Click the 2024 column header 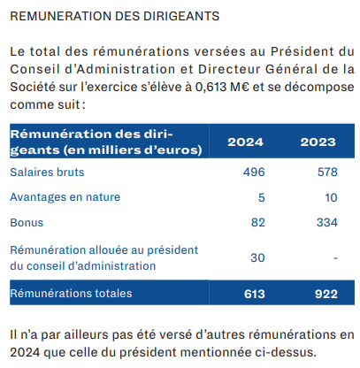(245, 142)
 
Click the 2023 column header (318, 142)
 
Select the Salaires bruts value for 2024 (254, 172)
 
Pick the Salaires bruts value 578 (327, 172)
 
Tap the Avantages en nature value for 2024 (262, 197)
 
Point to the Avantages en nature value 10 (331, 197)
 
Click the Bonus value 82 (258, 222)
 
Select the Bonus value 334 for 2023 (327, 222)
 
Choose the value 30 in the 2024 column (257, 257)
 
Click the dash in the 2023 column (335, 258)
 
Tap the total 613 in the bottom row (255, 294)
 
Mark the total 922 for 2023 (326, 294)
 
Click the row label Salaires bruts (47, 172)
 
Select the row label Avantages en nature (65, 197)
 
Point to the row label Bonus (27, 223)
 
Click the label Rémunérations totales (71, 294)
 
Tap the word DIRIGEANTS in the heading (181, 16)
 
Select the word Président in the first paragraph (303, 51)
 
